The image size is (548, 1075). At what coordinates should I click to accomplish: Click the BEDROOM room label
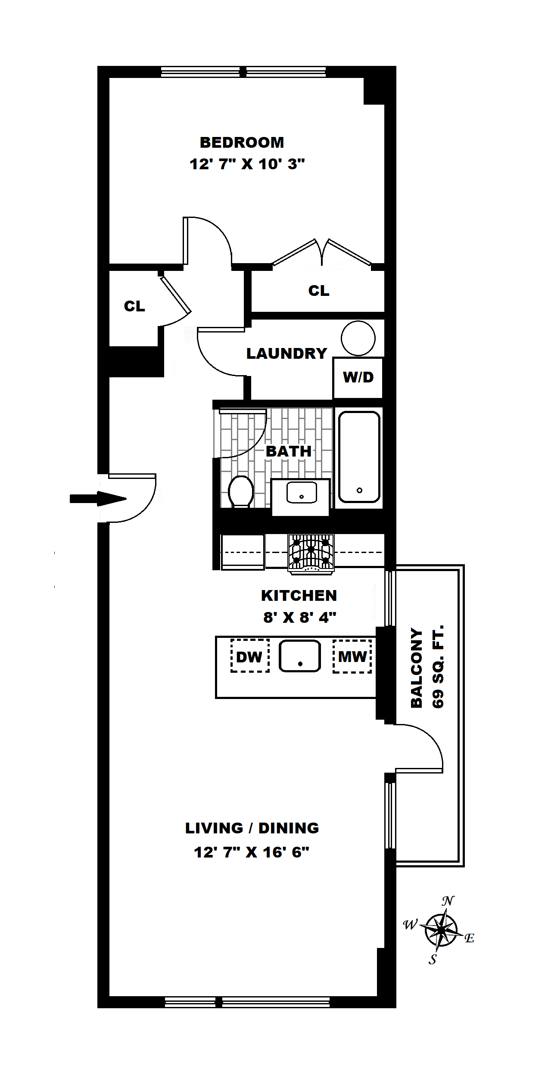click(x=242, y=142)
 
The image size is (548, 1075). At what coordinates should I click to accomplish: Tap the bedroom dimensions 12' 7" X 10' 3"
click(x=247, y=164)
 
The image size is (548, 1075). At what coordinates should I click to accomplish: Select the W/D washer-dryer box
click(x=358, y=377)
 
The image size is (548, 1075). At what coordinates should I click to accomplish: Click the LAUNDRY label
click(x=286, y=354)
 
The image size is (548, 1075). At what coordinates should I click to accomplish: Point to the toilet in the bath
click(x=240, y=491)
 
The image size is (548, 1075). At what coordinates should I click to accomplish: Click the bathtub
click(x=359, y=457)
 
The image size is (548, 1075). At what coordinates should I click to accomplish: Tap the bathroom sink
click(x=302, y=493)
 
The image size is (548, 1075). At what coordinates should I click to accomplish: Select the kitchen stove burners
click(x=311, y=551)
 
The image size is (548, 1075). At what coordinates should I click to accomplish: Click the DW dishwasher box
click(x=249, y=656)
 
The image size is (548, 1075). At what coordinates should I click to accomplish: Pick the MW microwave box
click(x=352, y=656)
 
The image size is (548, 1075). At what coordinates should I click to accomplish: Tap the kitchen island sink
click(x=300, y=656)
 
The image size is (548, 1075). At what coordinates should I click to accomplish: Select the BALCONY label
click(x=416, y=667)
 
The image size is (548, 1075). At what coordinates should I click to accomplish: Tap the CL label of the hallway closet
click(x=134, y=306)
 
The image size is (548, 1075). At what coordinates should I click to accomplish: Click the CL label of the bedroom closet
click(x=319, y=291)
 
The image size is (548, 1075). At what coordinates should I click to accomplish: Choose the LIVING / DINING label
click(x=252, y=828)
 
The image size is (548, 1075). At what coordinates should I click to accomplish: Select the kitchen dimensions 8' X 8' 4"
click(x=299, y=618)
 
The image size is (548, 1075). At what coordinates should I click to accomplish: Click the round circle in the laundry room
click(x=358, y=338)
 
